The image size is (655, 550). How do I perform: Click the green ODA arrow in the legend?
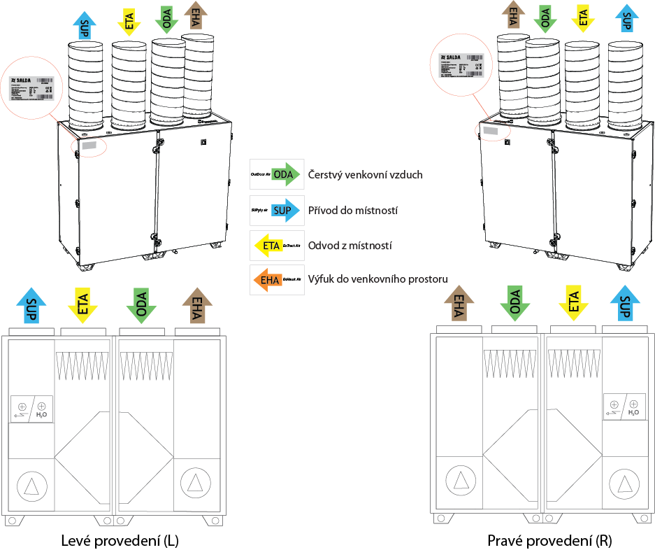(x=286, y=174)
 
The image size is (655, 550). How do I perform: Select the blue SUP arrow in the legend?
(x=286, y=210)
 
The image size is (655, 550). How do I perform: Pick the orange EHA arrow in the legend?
(x=267, y=281)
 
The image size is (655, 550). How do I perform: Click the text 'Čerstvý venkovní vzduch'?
(x=365, y=174)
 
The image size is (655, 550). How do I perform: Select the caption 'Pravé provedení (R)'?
(x=549, y=541)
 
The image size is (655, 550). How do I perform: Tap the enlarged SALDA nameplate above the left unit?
(x=33, y=87)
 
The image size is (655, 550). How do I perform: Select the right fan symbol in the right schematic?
(x=622, y=482)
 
